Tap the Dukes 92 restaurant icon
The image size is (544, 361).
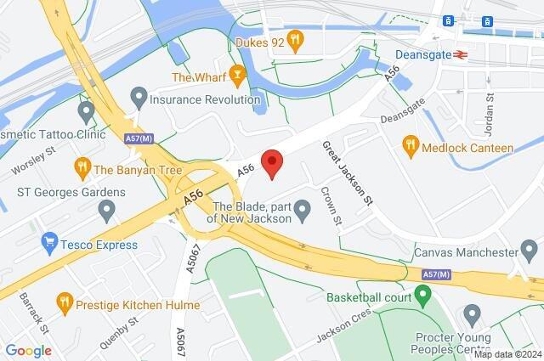tap(295, 37)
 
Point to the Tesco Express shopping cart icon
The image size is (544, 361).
tap(48, 245)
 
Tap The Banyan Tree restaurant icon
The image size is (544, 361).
tap(82, 166)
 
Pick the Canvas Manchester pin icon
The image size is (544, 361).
tap(530, 252)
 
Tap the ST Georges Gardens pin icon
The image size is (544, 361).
tap(106, 209)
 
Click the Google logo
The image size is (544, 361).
tap(28, 350)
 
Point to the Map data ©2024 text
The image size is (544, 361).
tap(507, 353)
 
